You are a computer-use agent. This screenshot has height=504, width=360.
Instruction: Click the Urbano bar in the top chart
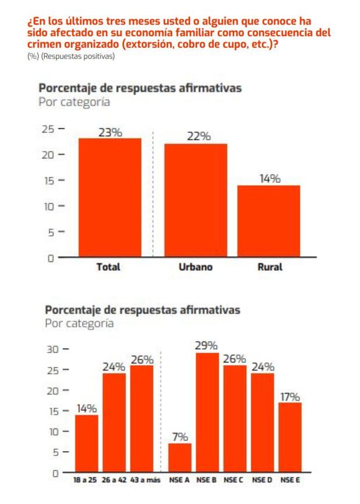tap(196, 200)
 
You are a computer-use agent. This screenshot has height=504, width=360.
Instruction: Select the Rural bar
tap(269, 221)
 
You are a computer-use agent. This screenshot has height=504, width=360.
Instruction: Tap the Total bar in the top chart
tap(110, 197)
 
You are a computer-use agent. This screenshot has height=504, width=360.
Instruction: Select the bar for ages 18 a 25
tap(87, 444)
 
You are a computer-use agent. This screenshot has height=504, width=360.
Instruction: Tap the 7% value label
tap(179, 436)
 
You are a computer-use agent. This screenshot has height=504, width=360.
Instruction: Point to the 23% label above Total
tap(110, 132)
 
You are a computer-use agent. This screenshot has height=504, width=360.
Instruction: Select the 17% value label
tap(290, 397)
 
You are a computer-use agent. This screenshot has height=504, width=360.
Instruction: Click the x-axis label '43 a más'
tap(142, 481)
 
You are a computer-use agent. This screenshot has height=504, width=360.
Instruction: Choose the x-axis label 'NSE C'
tap(235, 481)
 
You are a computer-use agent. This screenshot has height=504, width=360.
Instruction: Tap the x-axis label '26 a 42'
tap(114, 481)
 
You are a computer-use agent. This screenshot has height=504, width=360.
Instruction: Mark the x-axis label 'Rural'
tap(269, 268)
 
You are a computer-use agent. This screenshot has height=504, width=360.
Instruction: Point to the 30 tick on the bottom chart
tap(53, 350)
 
